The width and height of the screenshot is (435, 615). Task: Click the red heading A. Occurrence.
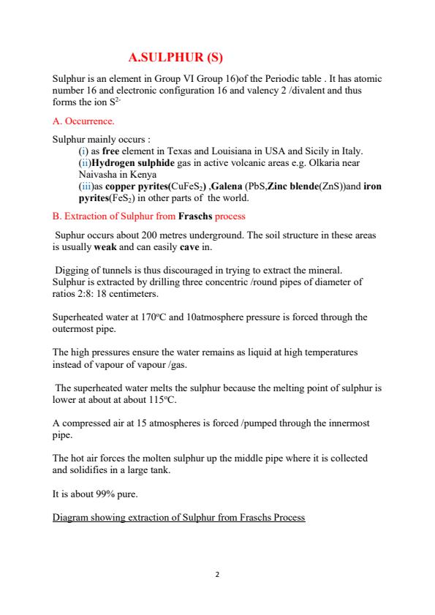[83, 120]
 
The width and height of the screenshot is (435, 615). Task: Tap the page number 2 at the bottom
[217, 574]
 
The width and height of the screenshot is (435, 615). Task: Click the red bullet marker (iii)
[84, 187]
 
